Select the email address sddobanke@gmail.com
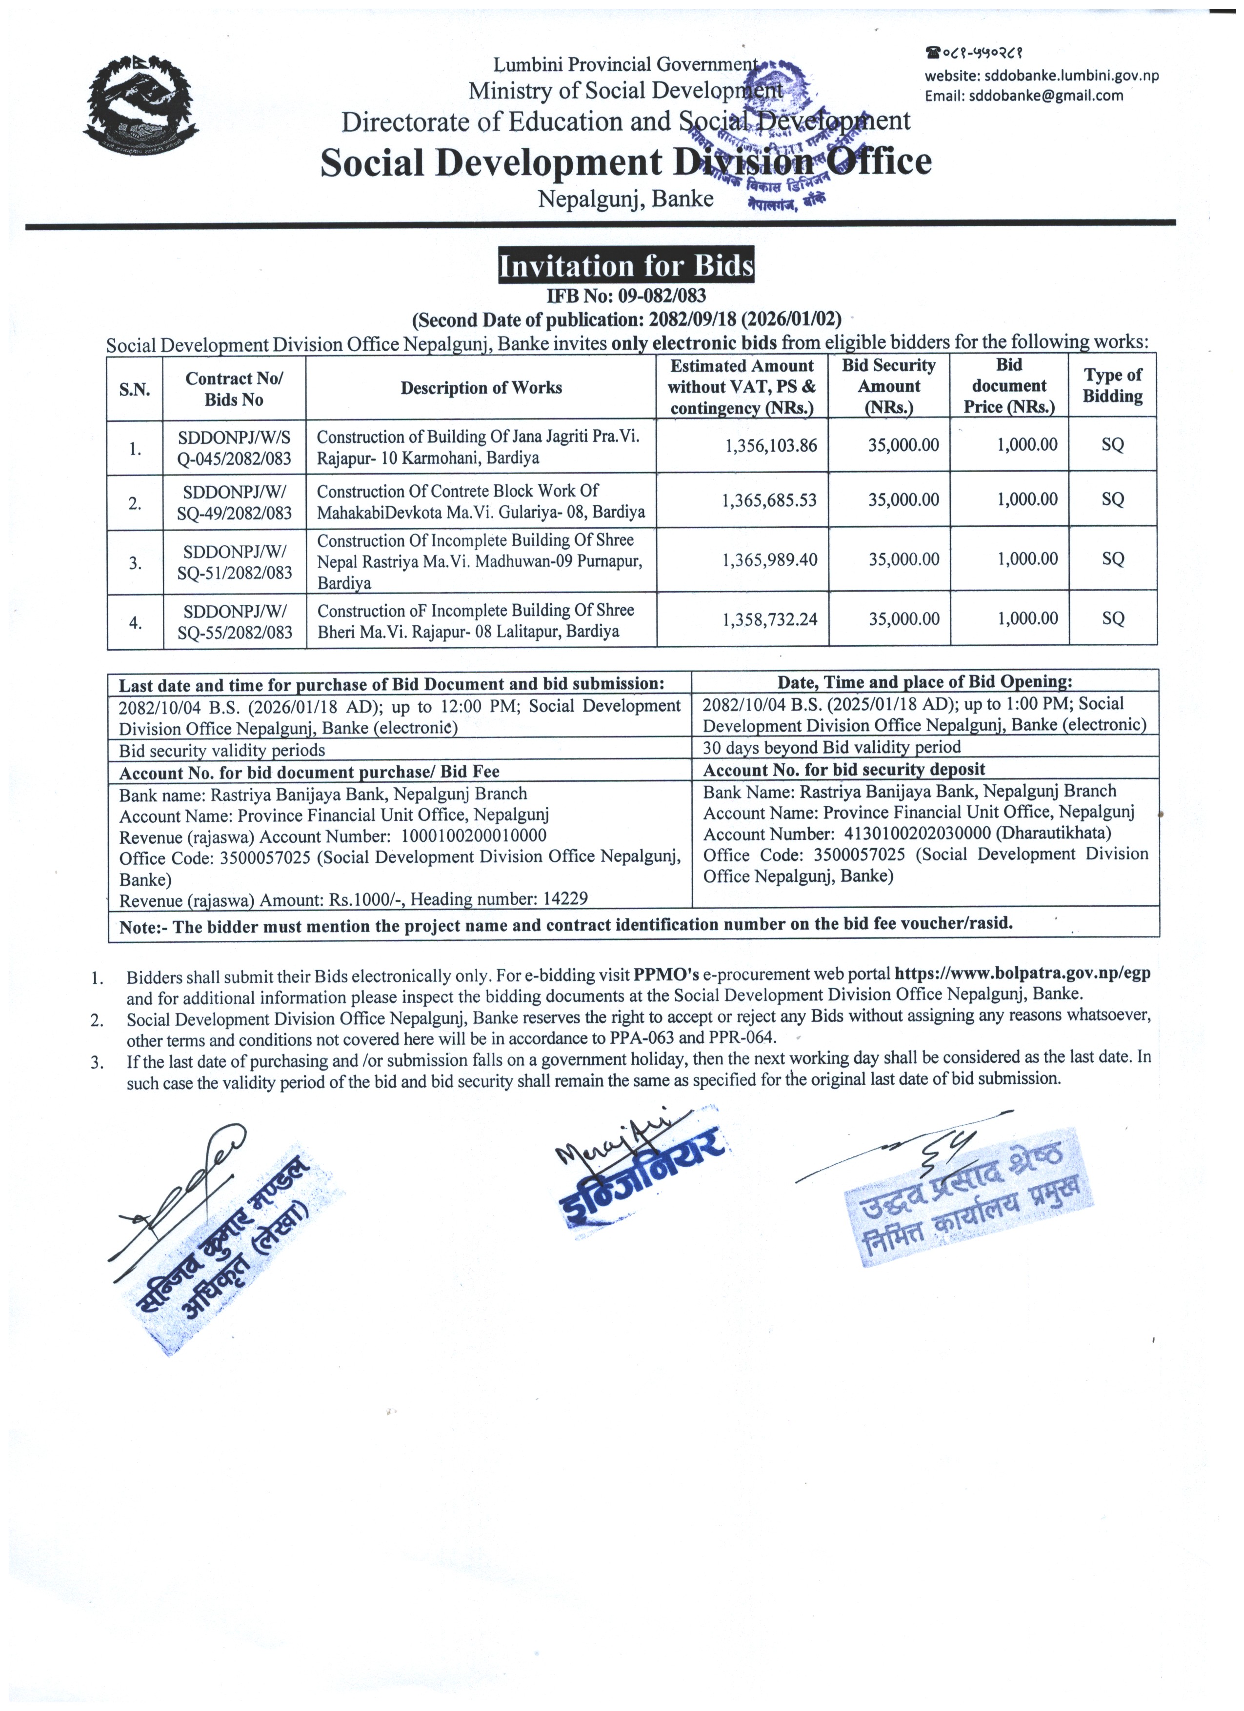point(1045,96)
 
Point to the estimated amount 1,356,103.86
point(770,446)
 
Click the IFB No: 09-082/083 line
point(625,297)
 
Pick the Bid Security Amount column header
point(889,386)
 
